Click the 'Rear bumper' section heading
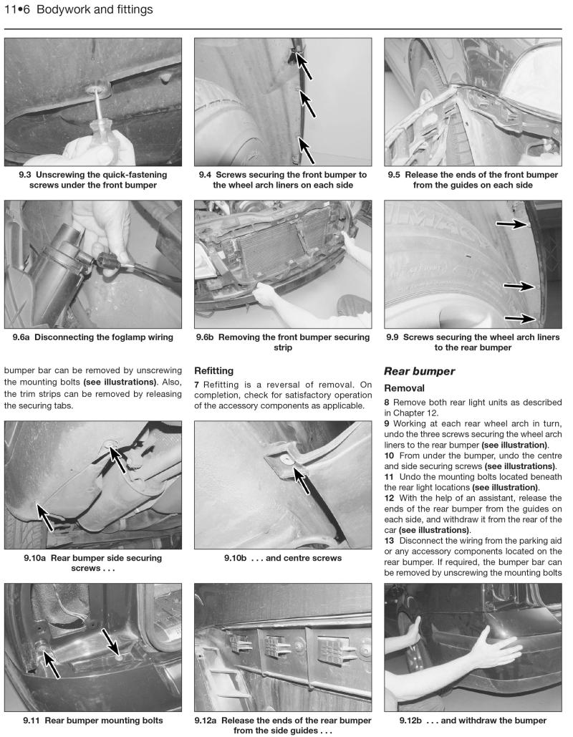coord(418,372)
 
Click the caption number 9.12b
coord(416,720)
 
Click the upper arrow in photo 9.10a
coord(114,458)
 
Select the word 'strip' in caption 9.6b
coord(283,348)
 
